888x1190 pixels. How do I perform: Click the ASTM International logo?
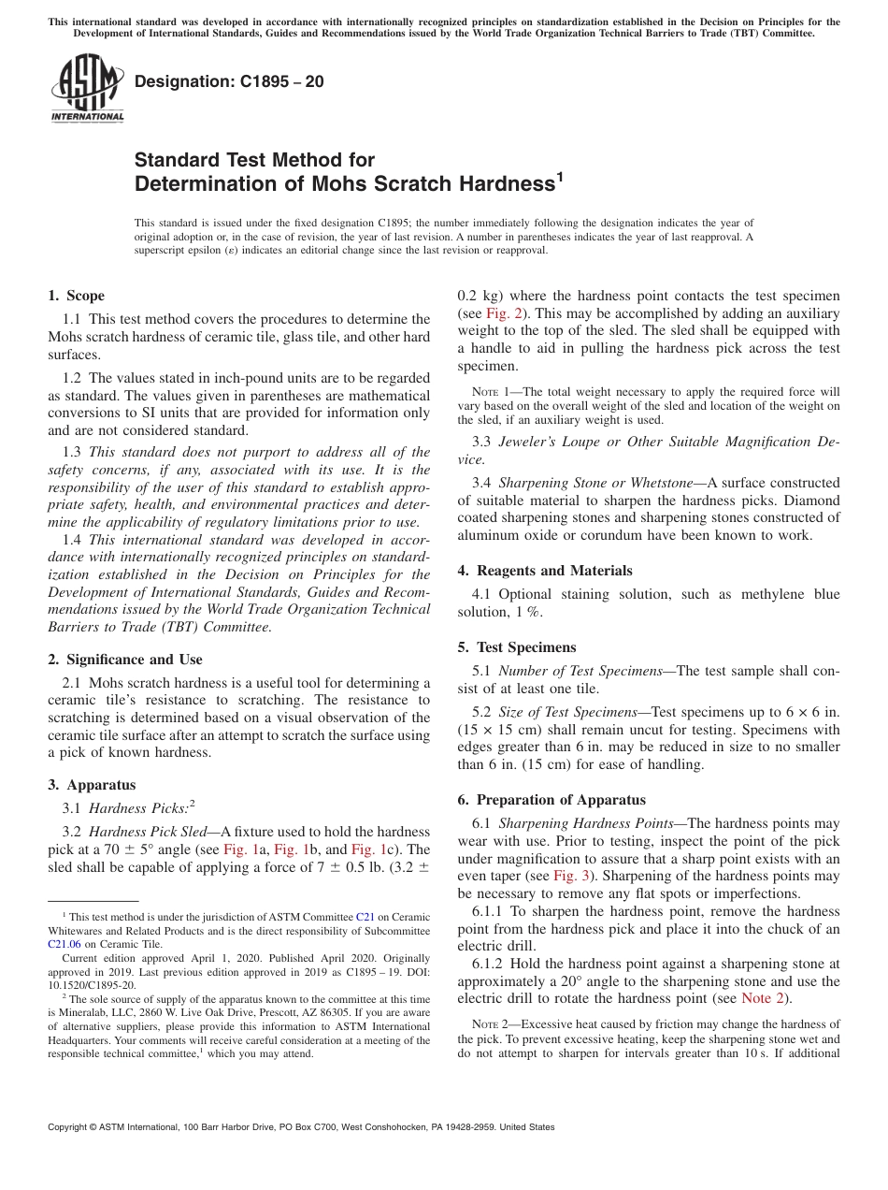(87, 89)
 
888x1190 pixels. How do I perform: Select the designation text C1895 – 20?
(229, 81)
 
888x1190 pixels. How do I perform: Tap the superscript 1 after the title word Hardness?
(560, 176)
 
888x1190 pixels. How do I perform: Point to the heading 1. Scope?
(76, 296)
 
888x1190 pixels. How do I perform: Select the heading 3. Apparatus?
(92, 785)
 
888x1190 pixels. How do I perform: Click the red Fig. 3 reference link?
(570, 876)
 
